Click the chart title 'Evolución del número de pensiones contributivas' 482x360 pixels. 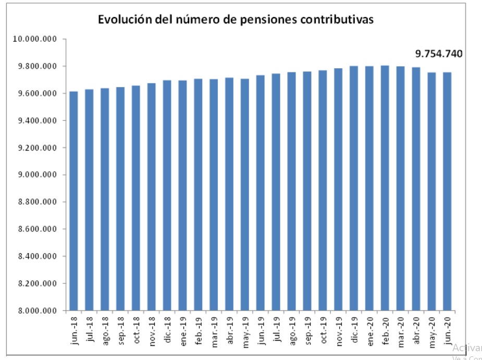tap(236, 20)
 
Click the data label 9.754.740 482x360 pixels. tap(439, 53)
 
